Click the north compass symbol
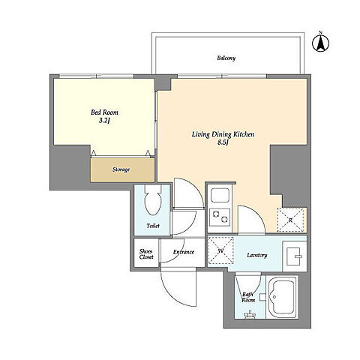pos(320,43)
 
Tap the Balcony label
pos(226,58)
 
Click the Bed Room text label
pos(104,112)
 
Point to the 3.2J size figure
pos(104,121)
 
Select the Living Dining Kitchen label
pos(223,134)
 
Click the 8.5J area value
pos(223,142)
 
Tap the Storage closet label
pos(121,169)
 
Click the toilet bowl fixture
pos(153,199)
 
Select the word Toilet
pos(153,226)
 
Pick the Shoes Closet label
pos(146,253)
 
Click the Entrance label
pos(184,252)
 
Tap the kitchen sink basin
pos(220,196)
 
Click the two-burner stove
pos(220,217)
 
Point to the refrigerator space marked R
pos(290,220)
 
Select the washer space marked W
pos(220,250)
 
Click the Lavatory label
pos(257,255)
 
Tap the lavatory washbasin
pos(294,256)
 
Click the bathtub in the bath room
pos(283,297)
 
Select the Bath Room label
pos(248,297)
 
